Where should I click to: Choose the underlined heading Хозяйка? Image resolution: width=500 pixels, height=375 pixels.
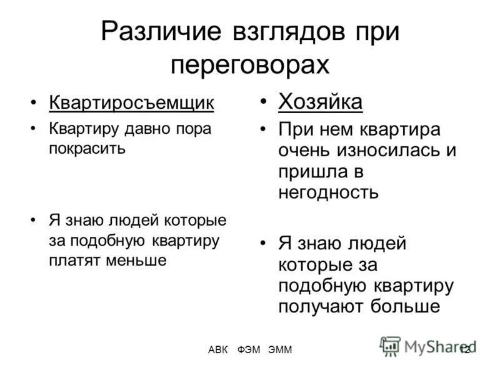coord(320,101)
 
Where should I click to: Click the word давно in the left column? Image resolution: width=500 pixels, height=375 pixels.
coord(147,129)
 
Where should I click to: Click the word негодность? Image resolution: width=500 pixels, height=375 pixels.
coord(329,191)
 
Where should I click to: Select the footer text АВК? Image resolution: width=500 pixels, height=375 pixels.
coord(219,349)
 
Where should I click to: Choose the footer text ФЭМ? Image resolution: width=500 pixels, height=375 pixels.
coord(249,349)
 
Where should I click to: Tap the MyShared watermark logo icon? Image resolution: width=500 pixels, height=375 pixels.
coord(390,346)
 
